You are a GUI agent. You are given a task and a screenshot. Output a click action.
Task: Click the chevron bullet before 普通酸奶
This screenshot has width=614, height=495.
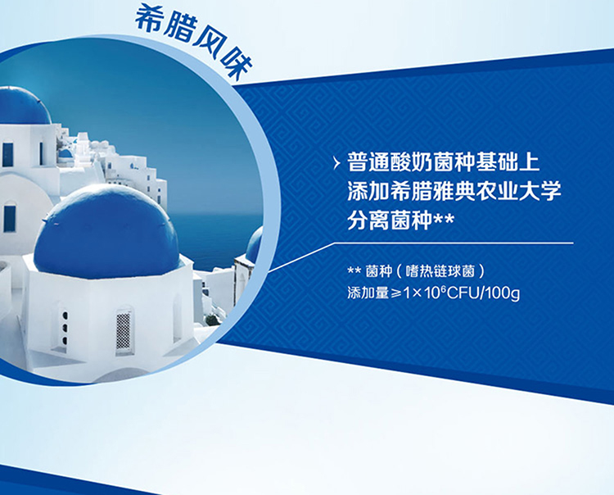tap(336, 163)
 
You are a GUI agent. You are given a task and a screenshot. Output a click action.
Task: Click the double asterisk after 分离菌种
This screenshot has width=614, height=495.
tap(443, 219)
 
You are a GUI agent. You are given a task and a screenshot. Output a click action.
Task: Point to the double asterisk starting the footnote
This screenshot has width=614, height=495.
tap(354, 270)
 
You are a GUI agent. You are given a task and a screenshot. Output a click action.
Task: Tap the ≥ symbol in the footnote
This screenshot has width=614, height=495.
tap(396, 293)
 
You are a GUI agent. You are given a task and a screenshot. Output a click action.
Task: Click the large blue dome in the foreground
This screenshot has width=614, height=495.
tap(106, 233)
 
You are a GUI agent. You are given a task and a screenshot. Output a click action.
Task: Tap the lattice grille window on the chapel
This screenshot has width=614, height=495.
tap(123, 331)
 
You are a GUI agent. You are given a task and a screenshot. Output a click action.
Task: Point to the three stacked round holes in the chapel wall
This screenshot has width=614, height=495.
tap(65, 328)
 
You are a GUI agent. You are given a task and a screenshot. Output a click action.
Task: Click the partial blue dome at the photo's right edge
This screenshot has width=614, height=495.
tap(254, 245)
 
